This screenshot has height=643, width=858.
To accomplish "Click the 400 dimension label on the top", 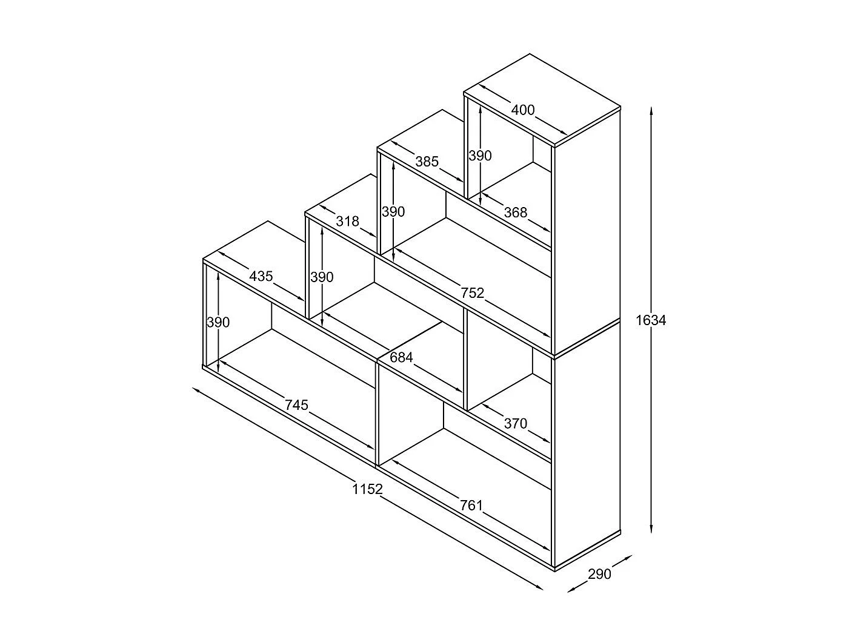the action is (x=523, y=110).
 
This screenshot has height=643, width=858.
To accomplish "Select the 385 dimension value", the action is (x=427, y=161).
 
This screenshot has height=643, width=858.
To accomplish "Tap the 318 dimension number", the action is (x=347, y=222).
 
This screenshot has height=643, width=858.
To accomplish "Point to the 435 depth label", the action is (x=261, y=277).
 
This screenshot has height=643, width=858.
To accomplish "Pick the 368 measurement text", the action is (x=516, y=213).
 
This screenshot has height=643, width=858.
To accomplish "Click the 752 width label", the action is (x=472, y=293).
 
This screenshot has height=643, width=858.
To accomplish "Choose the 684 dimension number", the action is (x=402, y=357).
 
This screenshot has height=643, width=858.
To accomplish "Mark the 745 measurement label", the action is (x=296, y=405).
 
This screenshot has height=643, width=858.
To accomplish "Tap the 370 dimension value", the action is (x=516, y=423).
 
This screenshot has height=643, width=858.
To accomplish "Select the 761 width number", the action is (x=471, y=506).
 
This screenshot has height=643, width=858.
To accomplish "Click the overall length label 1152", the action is (x=367, y=489).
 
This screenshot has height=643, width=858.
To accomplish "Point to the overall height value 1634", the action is (x=651, y=320).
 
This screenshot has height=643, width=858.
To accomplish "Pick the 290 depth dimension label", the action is (x=599, y=574).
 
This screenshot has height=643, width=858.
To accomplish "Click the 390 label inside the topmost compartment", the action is (x=480, y=156).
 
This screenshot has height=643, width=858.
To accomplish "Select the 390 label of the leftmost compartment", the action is (x=218, y=322).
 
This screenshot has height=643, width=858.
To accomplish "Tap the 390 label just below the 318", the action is (x=322, y=277).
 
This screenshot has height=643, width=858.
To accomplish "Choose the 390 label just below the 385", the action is (x=393, y=211).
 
